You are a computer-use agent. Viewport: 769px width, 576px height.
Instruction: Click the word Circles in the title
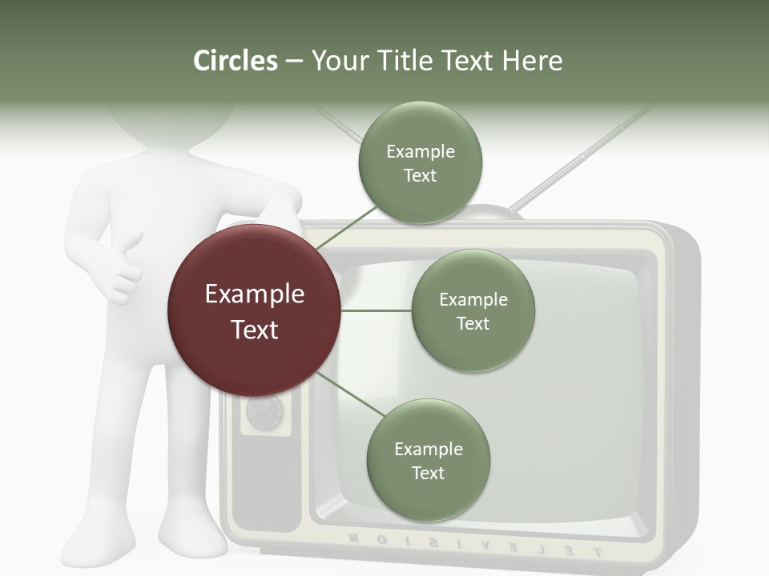[235, 61]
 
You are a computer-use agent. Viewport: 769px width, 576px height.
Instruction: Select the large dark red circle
[254, 310]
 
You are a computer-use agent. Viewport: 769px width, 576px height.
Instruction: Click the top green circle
[420, 163]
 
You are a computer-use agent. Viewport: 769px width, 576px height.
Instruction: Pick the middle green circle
[473, 310]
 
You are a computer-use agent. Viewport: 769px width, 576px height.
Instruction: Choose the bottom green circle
[428, 461]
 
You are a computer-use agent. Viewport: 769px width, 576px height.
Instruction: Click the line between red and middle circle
[376, 310]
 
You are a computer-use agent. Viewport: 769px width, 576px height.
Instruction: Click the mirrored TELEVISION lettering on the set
[473, 543]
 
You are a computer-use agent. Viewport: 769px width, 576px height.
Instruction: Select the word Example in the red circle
[254, 294]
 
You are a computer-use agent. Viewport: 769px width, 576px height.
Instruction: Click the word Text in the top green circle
[420, 176]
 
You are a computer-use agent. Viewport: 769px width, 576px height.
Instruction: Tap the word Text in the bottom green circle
[428, 474]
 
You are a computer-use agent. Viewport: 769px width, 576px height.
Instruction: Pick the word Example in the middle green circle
[473, 299]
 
